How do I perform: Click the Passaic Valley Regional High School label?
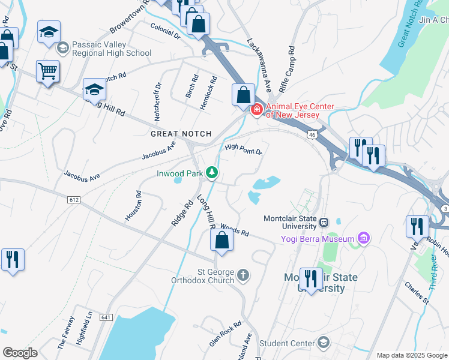pos(111,49)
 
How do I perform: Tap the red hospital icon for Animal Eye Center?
pos(256,109)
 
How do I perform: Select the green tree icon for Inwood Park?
pos(211,173)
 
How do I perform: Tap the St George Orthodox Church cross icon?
pos(243,275)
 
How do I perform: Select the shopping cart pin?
pos(47,71)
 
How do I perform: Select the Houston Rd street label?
pos(134,206)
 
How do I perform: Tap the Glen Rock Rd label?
pos(225,333)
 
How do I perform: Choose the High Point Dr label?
pos(244,149)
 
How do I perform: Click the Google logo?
pos(20,353)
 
